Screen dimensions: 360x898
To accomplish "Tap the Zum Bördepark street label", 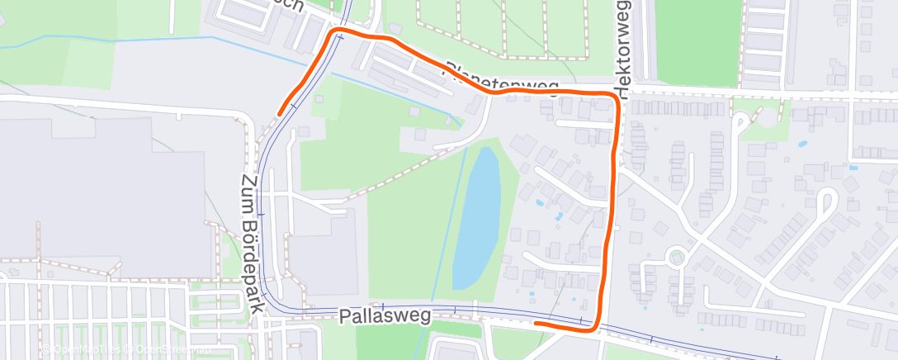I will tap(253, 243).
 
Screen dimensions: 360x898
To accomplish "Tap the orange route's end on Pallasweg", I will tap(536, 323).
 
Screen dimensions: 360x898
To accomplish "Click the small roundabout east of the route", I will tap(678, 258).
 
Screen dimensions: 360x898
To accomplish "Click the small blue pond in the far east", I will tap(802, 144).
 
